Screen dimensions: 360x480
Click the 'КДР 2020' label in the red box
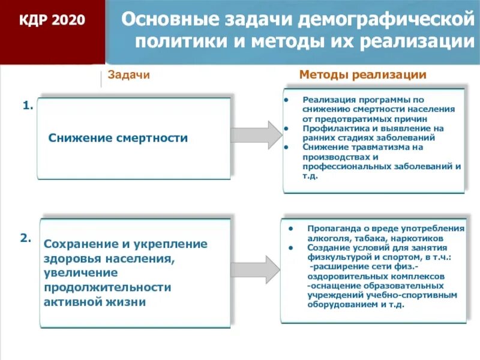point(52,21)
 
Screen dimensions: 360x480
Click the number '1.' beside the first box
point(28,106)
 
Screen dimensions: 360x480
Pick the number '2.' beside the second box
point(26,238)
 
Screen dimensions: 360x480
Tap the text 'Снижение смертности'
point(118,138)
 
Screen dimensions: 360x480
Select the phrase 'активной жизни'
point(94,302)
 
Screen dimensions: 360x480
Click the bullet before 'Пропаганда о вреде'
point(290,229)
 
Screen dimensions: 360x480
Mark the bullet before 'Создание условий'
point(290,247)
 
